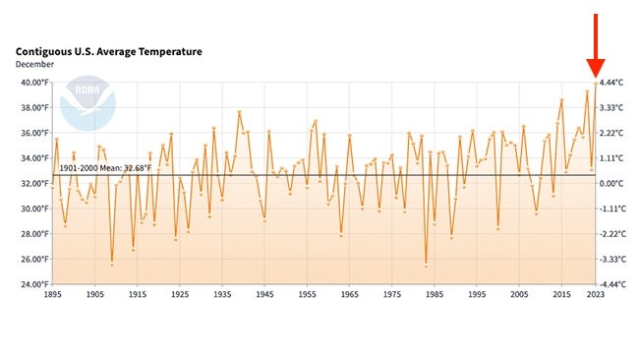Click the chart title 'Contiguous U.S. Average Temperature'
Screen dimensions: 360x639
coord(108,51)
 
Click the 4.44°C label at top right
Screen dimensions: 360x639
coord(613,83)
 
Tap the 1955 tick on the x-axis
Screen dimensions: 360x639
coord(307,294)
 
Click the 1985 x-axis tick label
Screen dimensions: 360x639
coord(434,294)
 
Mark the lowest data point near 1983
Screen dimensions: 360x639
coord(426,265)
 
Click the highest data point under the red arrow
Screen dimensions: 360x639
coord(595,84)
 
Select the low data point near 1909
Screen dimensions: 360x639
coord(111,264)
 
